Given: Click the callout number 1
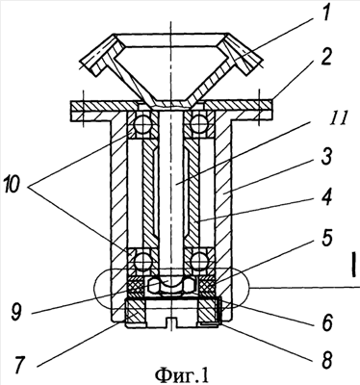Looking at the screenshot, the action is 324,15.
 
